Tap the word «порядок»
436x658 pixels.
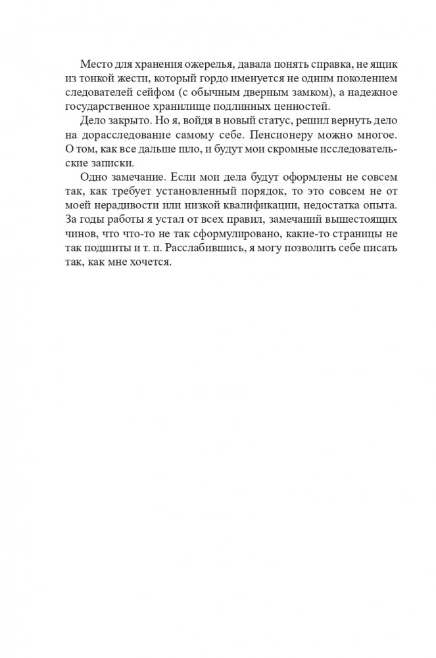[271, 192]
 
